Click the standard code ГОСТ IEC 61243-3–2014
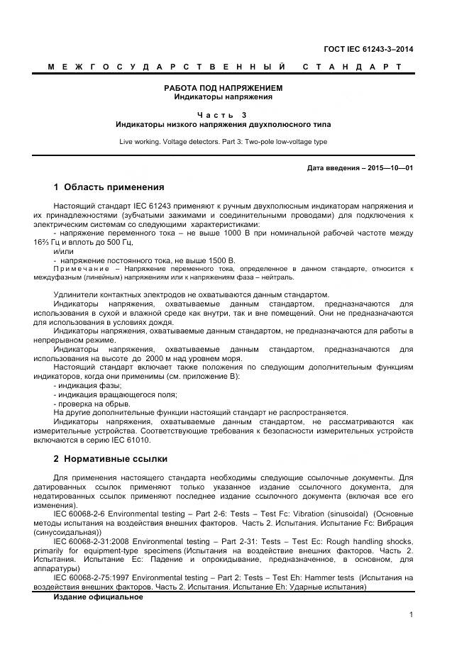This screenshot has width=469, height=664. [x=368, y=49]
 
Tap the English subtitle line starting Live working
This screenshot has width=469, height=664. [x=224, y=142]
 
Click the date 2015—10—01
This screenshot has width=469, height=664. [x=389, y=168]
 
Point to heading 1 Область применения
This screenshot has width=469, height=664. [x=109, y=188]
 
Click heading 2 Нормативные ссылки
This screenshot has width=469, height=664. [x=110, y=459]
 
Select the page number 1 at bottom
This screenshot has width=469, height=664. [x=411, y=614]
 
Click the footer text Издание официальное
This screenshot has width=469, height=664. [x=99, y=597]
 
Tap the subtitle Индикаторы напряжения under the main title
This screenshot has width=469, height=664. [x=224, y=97]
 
